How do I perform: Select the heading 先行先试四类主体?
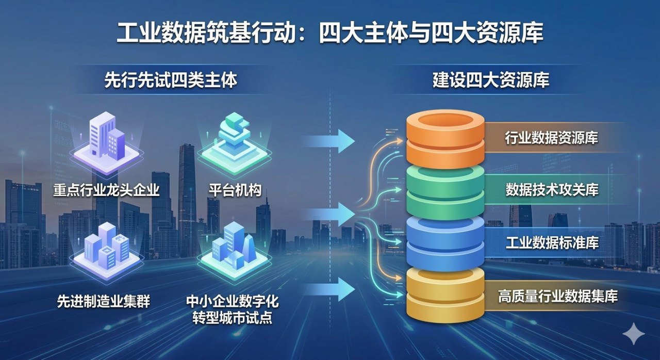tap(171, 81)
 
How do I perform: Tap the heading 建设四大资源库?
tap(490, 81)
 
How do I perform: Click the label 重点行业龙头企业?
tap(106, 190)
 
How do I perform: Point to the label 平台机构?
tap(235, 190)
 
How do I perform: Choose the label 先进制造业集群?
tap(104, 301)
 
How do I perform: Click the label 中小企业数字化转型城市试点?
tap(235, 309)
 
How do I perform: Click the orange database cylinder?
tap(445, 138)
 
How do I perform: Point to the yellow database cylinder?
tap(445, 295)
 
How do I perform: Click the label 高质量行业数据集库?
tap(557, 297)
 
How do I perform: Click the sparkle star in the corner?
tap(633, 334)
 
